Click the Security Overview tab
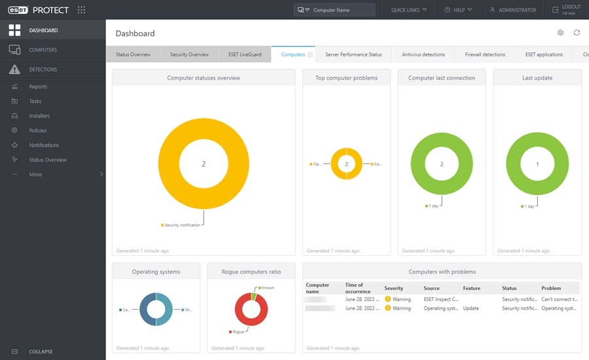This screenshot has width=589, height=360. (189, 54)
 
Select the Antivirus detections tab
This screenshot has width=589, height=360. (423, 54)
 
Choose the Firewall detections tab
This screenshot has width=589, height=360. (484, 54)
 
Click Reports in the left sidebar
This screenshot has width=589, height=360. (38, 86)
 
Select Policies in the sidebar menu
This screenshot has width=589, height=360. (37, 130)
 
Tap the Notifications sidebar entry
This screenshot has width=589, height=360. (44, 145)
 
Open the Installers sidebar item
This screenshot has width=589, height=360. (39, 116)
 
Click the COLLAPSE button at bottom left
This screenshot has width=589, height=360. (41, 351)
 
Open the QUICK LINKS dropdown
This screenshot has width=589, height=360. (408, 10)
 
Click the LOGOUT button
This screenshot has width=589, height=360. (566, 10)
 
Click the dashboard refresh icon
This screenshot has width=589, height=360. (577, 33)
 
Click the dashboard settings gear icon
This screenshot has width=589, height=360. (560, 33)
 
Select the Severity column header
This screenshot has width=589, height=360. (394, 288)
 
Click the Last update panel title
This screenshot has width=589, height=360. (537, 78)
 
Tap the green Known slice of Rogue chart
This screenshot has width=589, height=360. (254, 297)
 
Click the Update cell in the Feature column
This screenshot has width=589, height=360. (471, 308)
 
